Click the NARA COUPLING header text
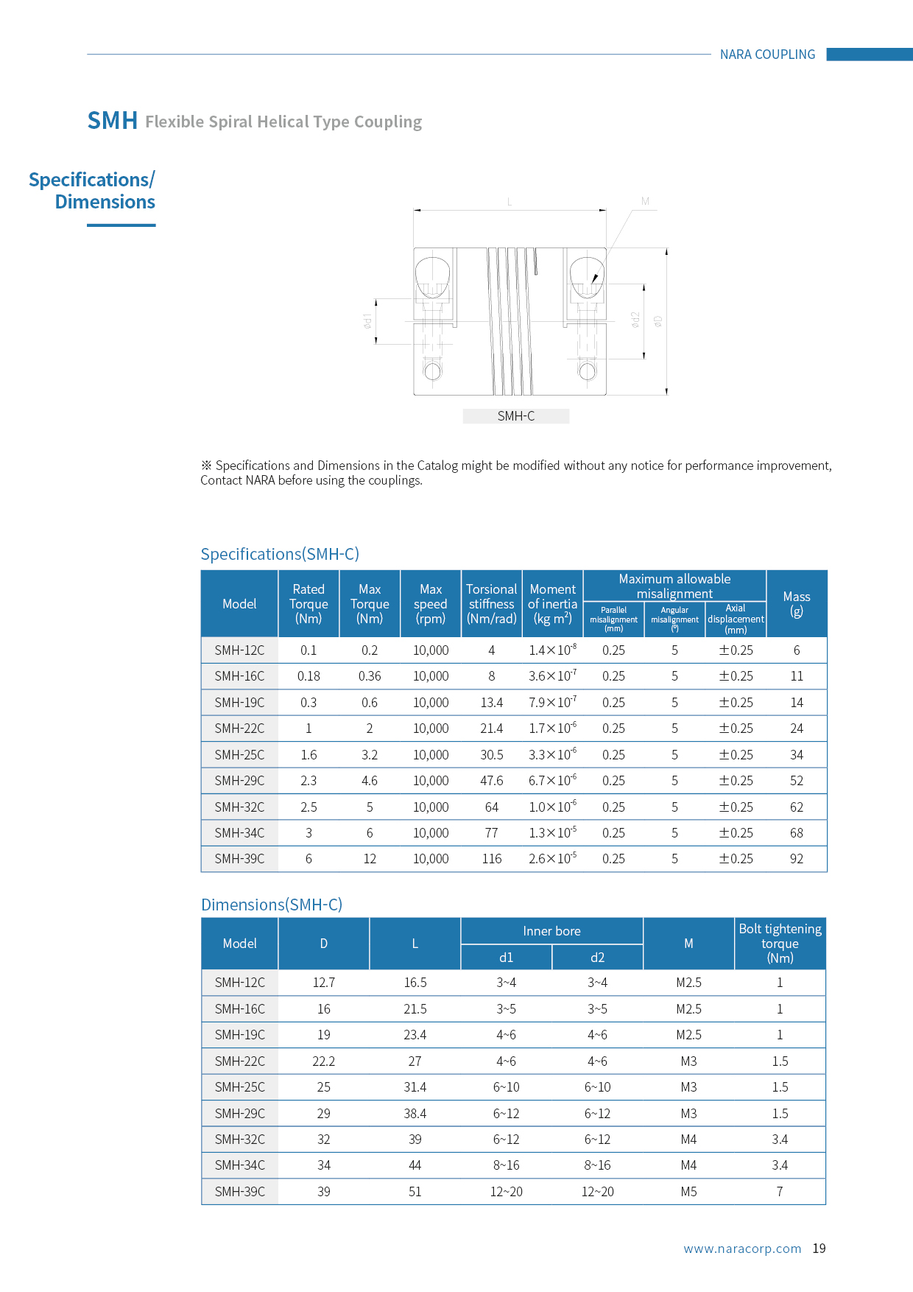(767, 55)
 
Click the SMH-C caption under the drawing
(515, 416)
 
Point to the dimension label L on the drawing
(510, 202)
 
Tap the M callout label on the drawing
(645, 201)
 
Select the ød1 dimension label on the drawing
(367, 321)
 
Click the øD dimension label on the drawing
(658, 321)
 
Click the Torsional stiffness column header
(491, 604)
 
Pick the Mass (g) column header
(796, 603)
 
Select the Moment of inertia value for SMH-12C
(552, 650)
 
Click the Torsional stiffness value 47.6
(491, 781)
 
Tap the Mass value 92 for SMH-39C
(796, 859)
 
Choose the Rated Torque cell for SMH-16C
(309, 676)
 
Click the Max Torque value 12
(370, 859)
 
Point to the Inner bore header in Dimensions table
(551, 931)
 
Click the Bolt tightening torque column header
(780, 944)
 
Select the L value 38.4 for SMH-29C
(415, 1114)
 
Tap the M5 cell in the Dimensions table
(688, 1192)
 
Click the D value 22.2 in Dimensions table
(323, 1061)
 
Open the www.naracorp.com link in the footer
(741, 1249)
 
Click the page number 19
(819, 1249)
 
